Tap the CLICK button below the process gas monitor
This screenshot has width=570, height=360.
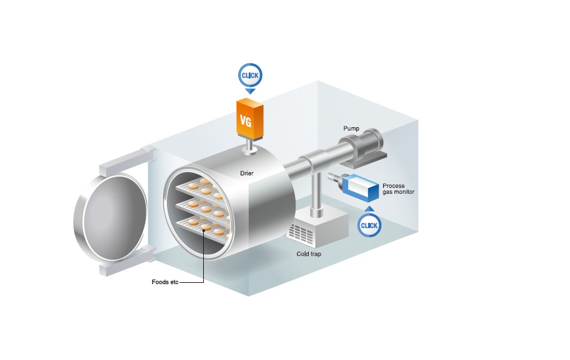point(369,226)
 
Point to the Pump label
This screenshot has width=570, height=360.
point(350,128)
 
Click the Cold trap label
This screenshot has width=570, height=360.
point(309,254)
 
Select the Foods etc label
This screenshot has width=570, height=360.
point(165,283)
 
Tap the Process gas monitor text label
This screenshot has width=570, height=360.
point(398,189)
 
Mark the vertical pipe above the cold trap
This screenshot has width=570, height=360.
point(317,194)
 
